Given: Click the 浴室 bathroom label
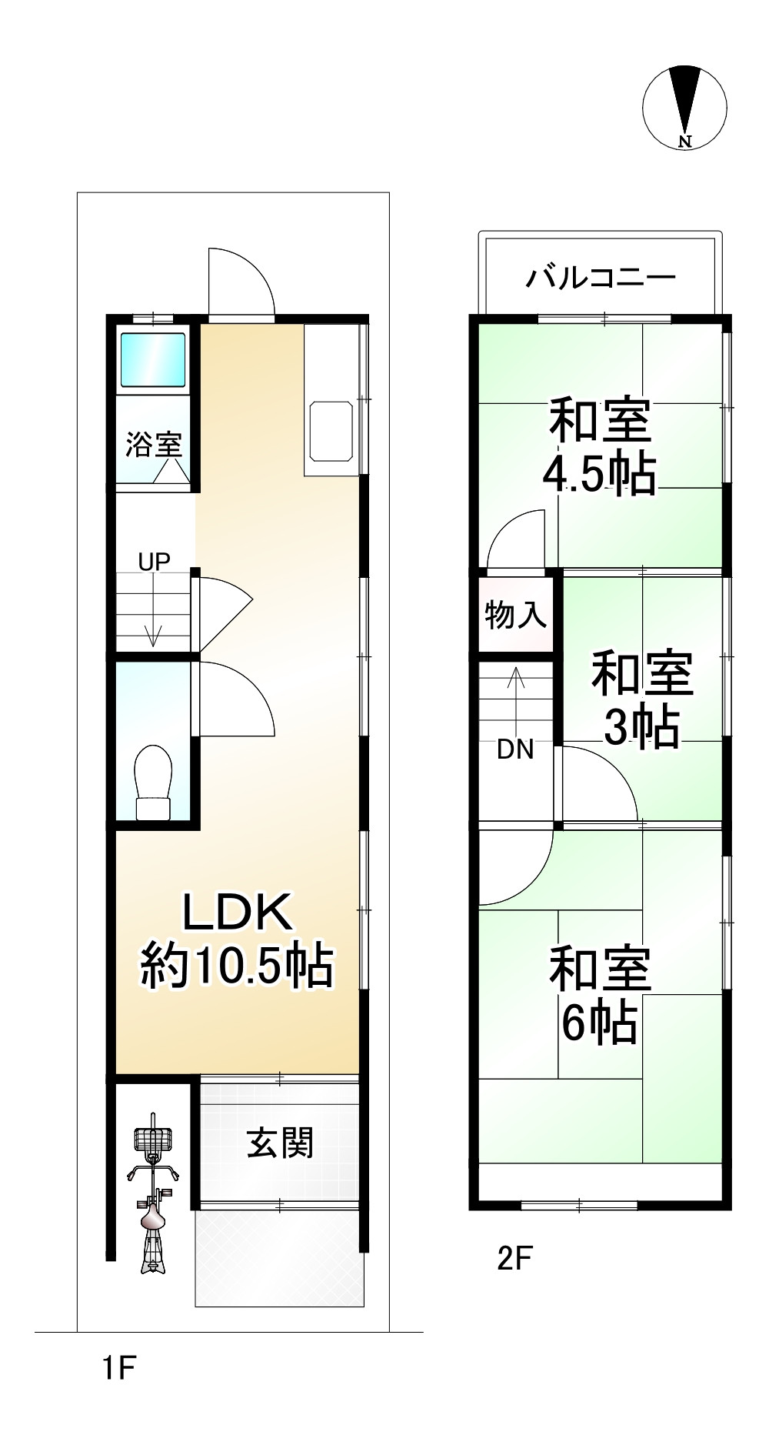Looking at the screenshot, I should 154,444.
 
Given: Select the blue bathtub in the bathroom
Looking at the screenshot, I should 154,359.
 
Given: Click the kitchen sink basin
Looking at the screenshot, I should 331,430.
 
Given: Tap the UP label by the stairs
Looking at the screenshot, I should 154,562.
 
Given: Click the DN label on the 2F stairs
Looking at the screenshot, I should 515,749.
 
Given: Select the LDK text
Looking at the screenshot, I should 237,913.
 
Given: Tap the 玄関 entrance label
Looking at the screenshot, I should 280,1143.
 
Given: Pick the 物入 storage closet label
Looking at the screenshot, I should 516,615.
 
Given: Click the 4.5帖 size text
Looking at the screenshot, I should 599,475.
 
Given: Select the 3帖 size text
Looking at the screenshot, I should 641,726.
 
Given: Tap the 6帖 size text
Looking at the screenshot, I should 599,1023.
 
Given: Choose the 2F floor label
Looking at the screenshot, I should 514,1259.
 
